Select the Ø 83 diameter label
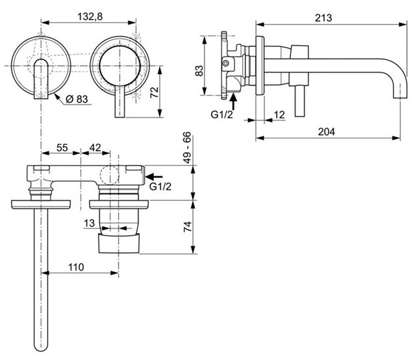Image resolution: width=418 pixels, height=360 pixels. (77, 99)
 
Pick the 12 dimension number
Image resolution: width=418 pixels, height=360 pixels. (278, 115)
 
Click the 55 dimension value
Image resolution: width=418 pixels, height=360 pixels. (62, 147)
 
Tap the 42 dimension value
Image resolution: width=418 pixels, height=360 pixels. (95, 147)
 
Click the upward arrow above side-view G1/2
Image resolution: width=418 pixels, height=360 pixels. (234, 100)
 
